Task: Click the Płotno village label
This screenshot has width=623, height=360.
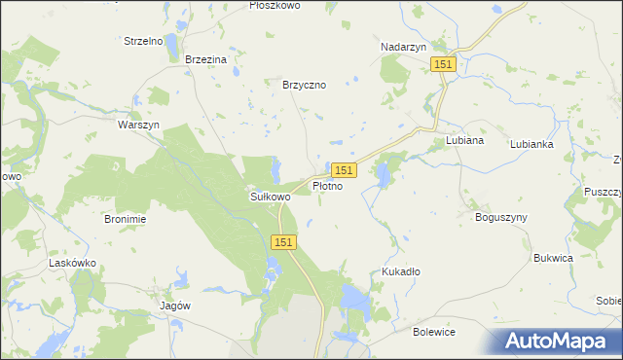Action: [x=327, y=186]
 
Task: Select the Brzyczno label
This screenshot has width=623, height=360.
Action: [x=304, y=85]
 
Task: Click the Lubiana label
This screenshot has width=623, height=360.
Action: [x=464, y=140]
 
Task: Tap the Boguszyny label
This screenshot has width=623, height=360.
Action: [x=500, y=217]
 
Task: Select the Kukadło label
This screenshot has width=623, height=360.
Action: [x=401, y=271]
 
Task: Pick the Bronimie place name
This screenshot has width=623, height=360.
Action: [x=125, y=219]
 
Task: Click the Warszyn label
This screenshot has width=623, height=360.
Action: [x=137, y=126]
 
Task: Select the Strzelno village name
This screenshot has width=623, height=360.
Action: [x=142, y=41]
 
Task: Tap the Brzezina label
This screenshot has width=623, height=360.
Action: [x=205, y=59]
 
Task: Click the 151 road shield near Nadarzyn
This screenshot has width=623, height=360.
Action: [x=443, y=63]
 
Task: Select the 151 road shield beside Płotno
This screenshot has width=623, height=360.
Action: [x=346, y=169]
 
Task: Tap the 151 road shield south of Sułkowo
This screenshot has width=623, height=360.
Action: [x=283, y=241]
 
